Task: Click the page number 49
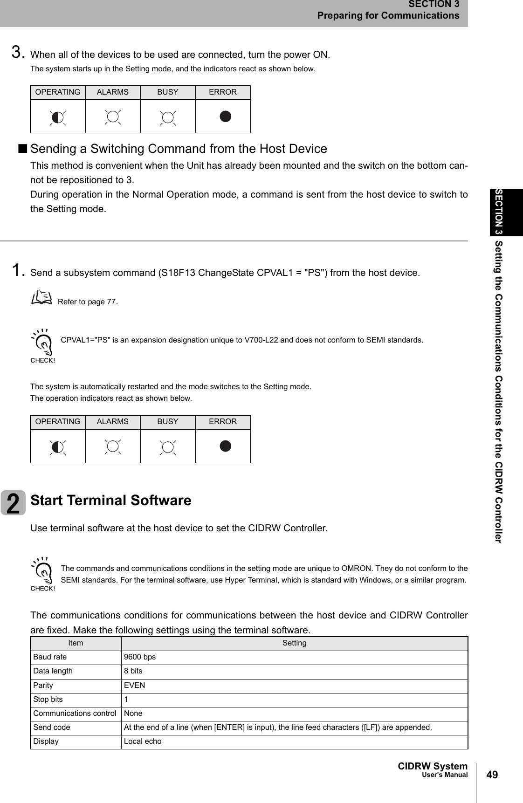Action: (492, 775)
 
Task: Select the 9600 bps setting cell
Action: (140, 657)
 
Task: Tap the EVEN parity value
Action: (135, 686)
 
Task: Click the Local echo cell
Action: (143, 741)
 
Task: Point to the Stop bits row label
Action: (48, 700)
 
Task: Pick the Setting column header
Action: (294, 643)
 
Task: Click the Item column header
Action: (76, 643)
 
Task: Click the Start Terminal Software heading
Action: (111, 500)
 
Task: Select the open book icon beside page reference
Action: (42, 297)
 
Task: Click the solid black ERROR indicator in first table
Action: (225, 117)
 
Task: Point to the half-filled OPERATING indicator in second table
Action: (57, 447)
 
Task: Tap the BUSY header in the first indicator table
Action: (168, 92)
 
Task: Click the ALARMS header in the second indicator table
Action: (112, 422)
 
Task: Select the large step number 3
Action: (18, 52)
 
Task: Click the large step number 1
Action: (18, 270)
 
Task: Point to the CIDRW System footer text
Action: (433, 766)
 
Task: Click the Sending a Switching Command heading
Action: (179, 149)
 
